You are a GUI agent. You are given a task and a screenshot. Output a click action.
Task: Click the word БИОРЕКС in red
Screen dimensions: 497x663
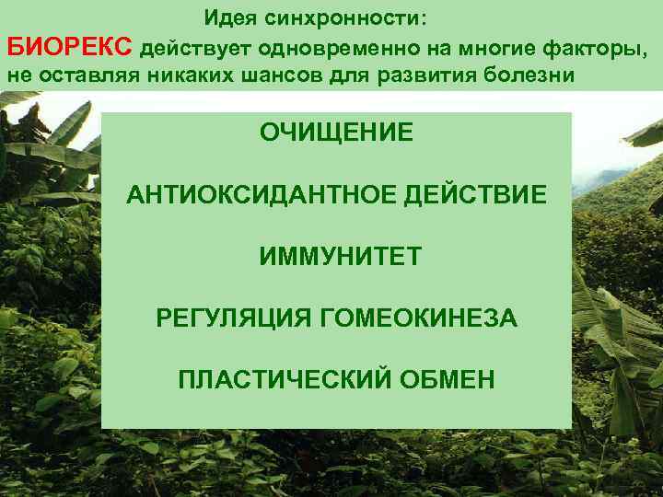click(71, 47)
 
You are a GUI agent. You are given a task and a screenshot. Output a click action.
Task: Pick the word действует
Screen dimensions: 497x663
click(199, 47)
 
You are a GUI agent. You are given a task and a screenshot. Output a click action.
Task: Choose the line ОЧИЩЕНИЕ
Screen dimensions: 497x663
click(336, 132)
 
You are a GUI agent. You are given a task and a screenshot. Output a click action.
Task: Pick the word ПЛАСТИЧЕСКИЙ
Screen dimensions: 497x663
click(281, 379)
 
